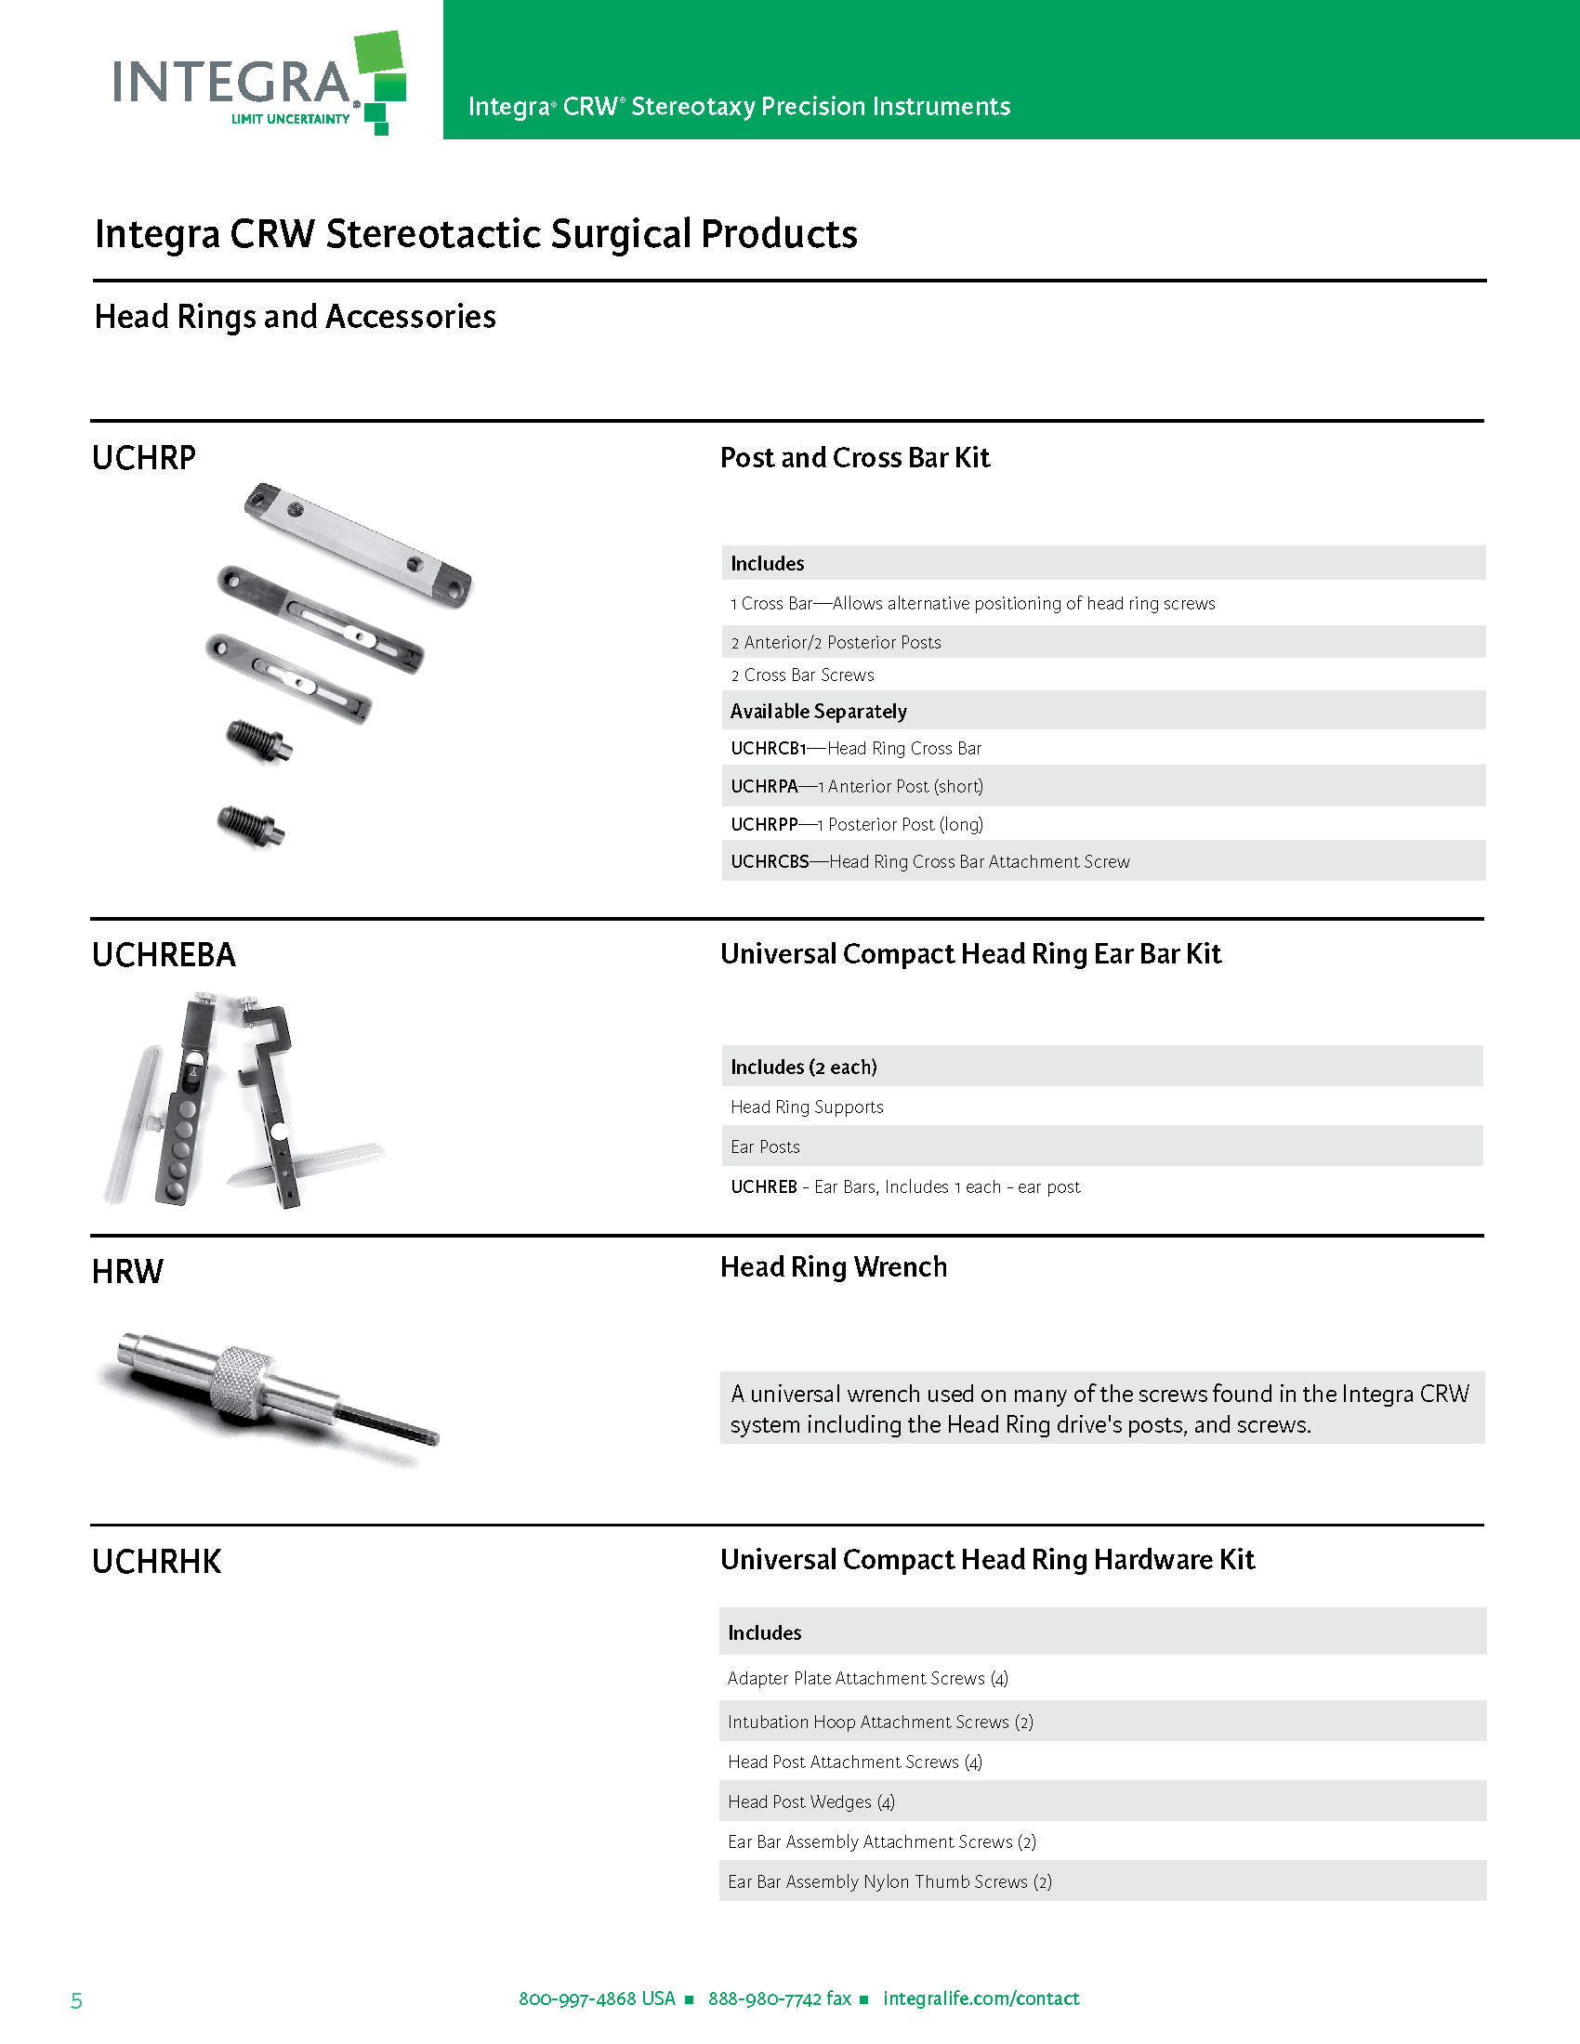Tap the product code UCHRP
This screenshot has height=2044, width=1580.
click(x=144, y=458)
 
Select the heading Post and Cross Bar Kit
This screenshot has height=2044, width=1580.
click(x=854, y=458)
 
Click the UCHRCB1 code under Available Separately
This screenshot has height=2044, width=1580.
click(x=768, y=748)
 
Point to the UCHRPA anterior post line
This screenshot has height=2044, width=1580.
click(x=857, y=786)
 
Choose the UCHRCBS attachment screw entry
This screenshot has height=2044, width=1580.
click(x=929, y=861)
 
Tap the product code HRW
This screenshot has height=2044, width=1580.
click(x=127, y=1271)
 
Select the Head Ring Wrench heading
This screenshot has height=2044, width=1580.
click(x=833, y=1267)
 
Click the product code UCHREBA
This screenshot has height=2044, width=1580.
click(x=164, y=954)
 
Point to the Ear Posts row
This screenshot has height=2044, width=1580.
click(x=765, y=1146)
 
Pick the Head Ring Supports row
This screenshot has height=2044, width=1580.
click(x=807, y=1107)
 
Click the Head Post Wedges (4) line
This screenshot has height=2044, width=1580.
click(x=810, y=1802)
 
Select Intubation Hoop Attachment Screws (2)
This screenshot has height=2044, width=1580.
click(x=880, y=1721)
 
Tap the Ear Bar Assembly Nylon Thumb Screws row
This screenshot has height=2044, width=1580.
click(x=889, y=1881)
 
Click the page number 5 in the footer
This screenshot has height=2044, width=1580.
click(x=77, y=2001)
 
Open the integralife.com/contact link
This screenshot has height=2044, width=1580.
click(x=981, y=1998)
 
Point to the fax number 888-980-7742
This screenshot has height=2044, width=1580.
click(x=779, y=1998)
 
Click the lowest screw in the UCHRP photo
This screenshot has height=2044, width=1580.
click(x=250, y=826)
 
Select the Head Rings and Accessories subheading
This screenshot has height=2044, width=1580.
click(x=295, y=316)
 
